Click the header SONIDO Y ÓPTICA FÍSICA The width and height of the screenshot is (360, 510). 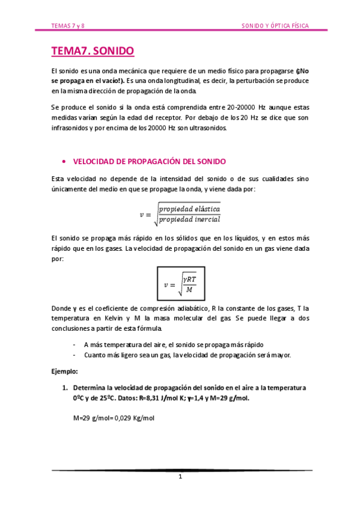point(275,26)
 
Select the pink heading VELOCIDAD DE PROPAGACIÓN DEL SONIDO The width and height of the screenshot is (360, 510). point(149,162)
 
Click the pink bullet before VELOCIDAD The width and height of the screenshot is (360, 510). point(63,162)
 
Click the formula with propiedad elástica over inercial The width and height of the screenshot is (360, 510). point(180,214)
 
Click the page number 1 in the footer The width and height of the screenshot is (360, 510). point(180,477)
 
